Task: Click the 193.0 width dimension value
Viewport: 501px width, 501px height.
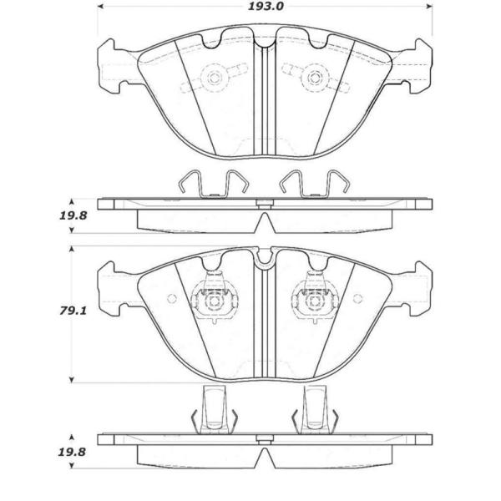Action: coord(266,7)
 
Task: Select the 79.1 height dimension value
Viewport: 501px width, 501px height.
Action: coord(73,311)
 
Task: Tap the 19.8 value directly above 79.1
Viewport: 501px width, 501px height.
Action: coord(73,215)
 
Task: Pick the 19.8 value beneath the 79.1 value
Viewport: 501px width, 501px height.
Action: coord(72,452)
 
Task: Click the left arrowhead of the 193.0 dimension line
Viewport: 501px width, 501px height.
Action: coord(100,7)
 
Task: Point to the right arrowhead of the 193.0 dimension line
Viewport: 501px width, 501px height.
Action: coord(429,7)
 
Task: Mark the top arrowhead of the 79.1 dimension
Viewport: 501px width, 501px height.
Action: coord(72,249)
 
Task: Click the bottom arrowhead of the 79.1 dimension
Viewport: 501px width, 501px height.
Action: coord(72,380)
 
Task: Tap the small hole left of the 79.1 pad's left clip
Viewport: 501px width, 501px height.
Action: coord(172,298)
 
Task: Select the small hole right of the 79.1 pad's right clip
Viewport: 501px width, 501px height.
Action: coord(357,298)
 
